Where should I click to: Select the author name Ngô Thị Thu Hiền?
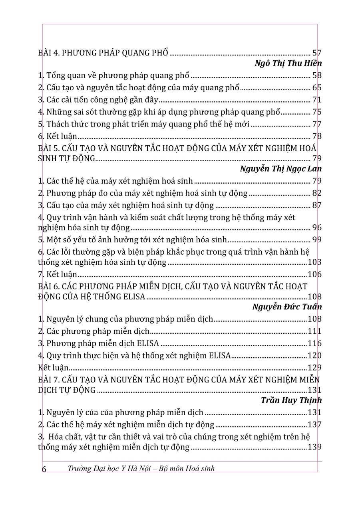(288, 63)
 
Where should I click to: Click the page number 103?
(315, 262)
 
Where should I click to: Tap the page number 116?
(315, 343)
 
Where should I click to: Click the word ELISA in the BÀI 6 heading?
(135, 297)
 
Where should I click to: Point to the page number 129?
(315, 368)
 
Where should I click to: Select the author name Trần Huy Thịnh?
(291, 400)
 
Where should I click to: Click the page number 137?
(315, 424)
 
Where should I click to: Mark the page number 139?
(315, 447)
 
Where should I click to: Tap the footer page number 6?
(44, 469)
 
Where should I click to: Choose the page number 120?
(315, 356)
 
